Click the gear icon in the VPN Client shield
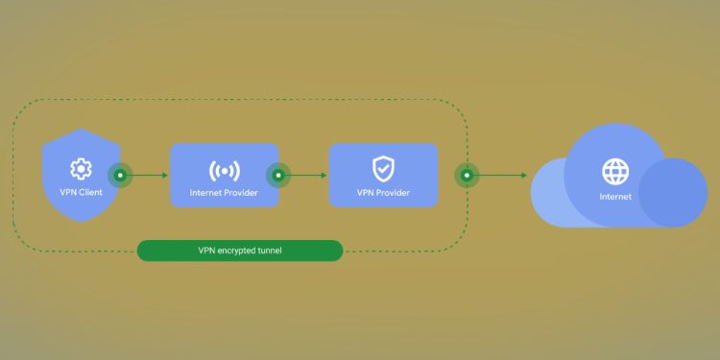pyautogui.click(x=81, y=169)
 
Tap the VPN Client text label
pyautogui.click(x=81, y=192)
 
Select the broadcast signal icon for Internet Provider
pyautogui.click(x=225, y=171)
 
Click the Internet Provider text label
pyautogui.click(x=225, y=193)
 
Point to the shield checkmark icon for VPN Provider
pyautogui.click(x=383, y=169)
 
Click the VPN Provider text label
pyautogui.click(x=383, y=193)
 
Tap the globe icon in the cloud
pyautogui.click(x=615, y=172)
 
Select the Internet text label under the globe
pyautogui.click(x=615, y=197)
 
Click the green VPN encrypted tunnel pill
pyautogui.click(x=240, y=251)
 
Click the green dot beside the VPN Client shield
pyautogui.click(x=119, y=176)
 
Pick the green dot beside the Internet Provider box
pyautogui.click(x=278, y=176)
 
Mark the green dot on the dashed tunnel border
pyautogui.click(x=467, y=176)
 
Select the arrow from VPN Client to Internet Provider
pyautogui.click(x=149, y=176)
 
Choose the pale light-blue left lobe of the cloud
pyautogui.click(x=552, y=197)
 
